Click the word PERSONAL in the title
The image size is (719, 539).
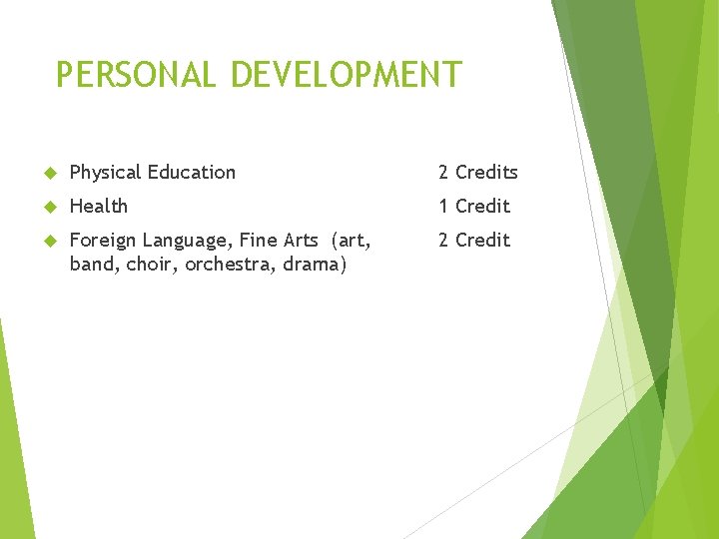tap(136, 75)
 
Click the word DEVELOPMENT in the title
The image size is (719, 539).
tap(346, 75)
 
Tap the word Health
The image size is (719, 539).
tap(99, 206)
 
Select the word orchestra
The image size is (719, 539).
tap(229, 266)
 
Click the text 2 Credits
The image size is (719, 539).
tap(478, 172)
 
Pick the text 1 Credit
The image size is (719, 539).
tap(474, 206)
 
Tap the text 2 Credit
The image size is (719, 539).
tap(474, 240)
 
